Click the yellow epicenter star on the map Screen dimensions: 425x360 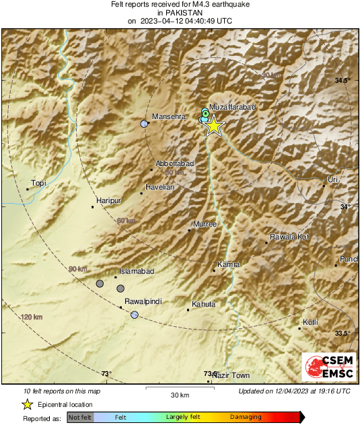(x=213, y=126)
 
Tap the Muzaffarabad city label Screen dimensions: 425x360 (x=232, y=107)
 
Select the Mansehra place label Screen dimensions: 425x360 (x=168, y=116)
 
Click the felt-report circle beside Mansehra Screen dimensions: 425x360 (x=144, y=124)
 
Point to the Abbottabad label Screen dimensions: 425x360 (x=175, y=163)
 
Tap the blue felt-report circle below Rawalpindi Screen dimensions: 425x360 (x=135, y=315)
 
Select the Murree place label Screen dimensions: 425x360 (x=205, y=224)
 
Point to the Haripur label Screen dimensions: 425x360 (x=108, y=200)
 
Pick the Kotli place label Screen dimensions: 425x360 (x=310, y=322)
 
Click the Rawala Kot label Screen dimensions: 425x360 (x=289, y=237)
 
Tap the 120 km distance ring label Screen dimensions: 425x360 (x=31, y=317)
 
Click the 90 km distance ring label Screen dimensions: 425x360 (x=78, y=269)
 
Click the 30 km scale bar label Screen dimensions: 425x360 (x=179, y=394)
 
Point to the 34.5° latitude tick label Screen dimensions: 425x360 (x=343, y=81)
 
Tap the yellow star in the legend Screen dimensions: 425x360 (x=27, y=404)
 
